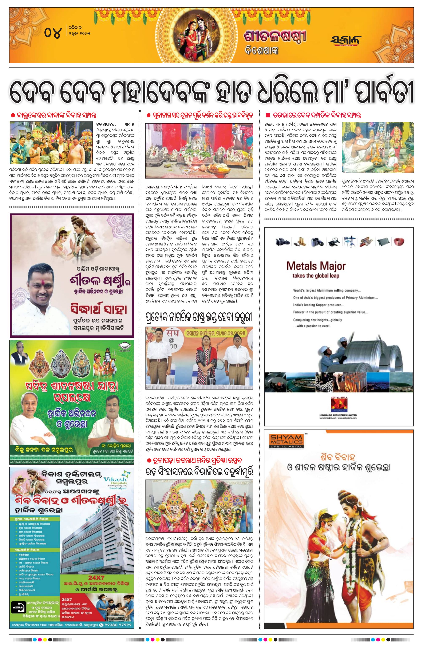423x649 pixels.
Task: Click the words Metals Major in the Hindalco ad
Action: (x=316, y=266)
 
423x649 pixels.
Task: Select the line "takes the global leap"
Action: (x=316, y=276)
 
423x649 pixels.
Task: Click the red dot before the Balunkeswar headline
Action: (x=12, y=115)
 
